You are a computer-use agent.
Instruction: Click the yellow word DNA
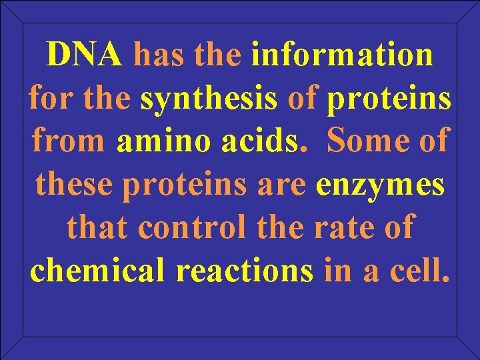85,55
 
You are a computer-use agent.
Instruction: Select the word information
342,55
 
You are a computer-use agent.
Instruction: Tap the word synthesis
208,98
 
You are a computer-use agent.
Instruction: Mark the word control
189,227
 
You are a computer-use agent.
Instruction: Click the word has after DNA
159,55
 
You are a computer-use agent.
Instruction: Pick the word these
75,185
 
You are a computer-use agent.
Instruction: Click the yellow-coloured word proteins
389,99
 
